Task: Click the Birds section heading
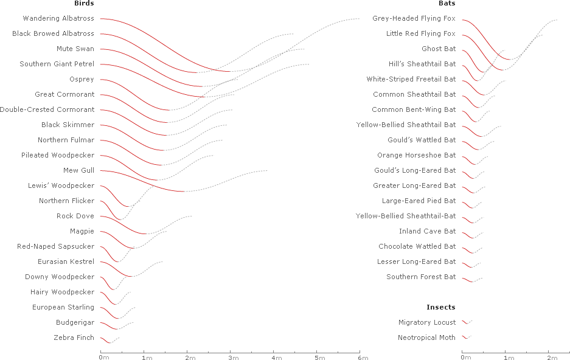(84, 4)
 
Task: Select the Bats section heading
(447, 4)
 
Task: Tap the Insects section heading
(441, 308)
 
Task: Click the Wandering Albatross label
(58, 19)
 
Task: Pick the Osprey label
(82, 80)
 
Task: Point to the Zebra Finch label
(74, 337)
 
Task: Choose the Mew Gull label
(78, 171)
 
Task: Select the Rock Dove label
(75, 216)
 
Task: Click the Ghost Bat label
(439, 49)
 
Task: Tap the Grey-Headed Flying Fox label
(414, 19)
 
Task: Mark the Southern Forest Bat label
(421, 277)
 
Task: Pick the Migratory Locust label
(427, 323)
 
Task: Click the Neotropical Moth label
(426, 338)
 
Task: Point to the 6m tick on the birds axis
(360, 357)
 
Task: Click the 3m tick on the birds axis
(230, 357)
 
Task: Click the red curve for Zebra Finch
(105, 340)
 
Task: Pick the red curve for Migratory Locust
(465, 322)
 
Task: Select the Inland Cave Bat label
(427, 232)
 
